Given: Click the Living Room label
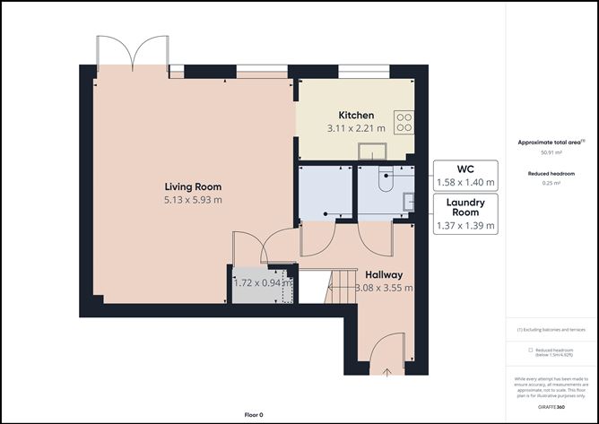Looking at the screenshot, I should pyautogui.click(x=192, y=186).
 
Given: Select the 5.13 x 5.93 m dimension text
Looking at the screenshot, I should pyautogui.click(x=192, y=199).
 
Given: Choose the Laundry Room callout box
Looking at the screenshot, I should pyautogui.click(x=464, y=214).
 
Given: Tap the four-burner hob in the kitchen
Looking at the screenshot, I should pyautogui.click(x=404, y=121).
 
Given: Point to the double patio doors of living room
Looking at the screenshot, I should pyautogui.click(x=133, y=53).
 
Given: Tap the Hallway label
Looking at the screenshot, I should pyautogui.click(x=383, y=274).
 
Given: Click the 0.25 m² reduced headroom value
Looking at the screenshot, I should pyautogui.click(x=551, y=183).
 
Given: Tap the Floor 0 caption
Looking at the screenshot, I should pyautogui.click(x=254, y=415).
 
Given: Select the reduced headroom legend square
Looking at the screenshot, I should pyautogui.click(x=530, y=350).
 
